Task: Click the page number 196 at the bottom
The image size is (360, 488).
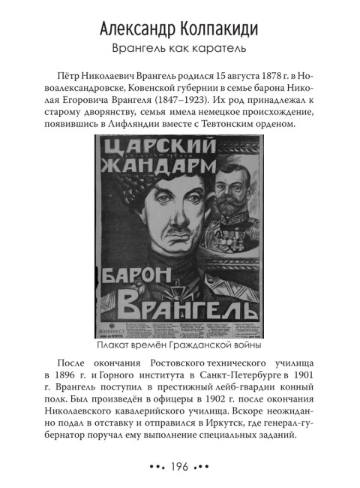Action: pos(179,466)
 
